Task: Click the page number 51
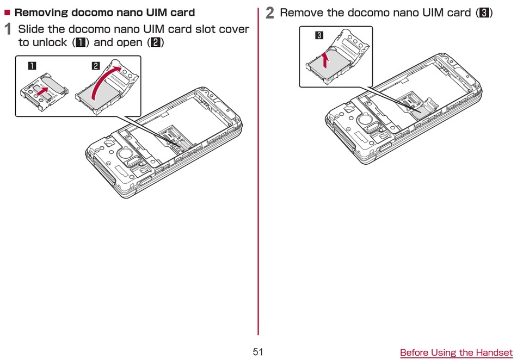258,352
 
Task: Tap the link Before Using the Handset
456,353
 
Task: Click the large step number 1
8,29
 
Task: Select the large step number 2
270,13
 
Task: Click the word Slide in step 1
31,29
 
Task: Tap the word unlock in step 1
50,42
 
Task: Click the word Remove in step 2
301,13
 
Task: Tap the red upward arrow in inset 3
325,59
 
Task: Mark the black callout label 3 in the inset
319,36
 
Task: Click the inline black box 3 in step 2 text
483,13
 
